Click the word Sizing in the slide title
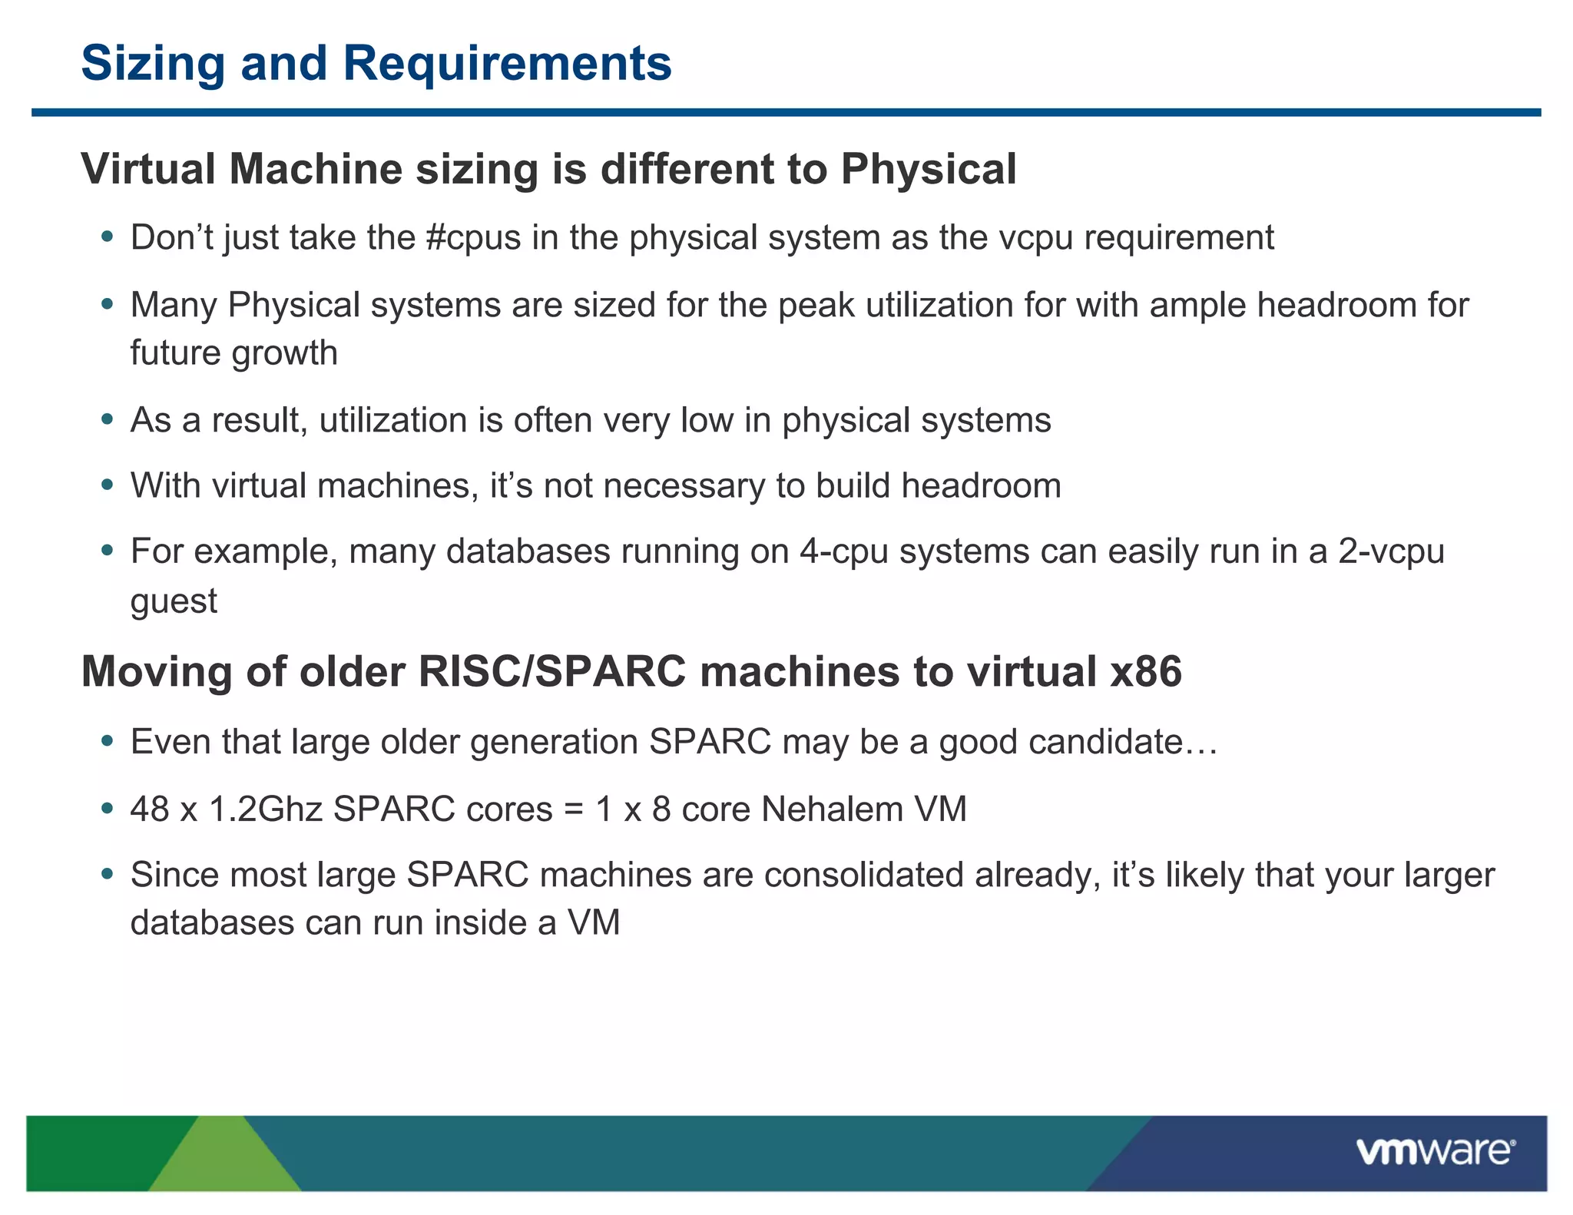coord(153,64)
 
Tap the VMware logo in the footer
coord(1435,1151)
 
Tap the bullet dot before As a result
coord(108,419)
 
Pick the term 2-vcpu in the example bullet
coord(1391,551)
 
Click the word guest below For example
coord(174,601)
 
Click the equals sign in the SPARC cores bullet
coord(573,810)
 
